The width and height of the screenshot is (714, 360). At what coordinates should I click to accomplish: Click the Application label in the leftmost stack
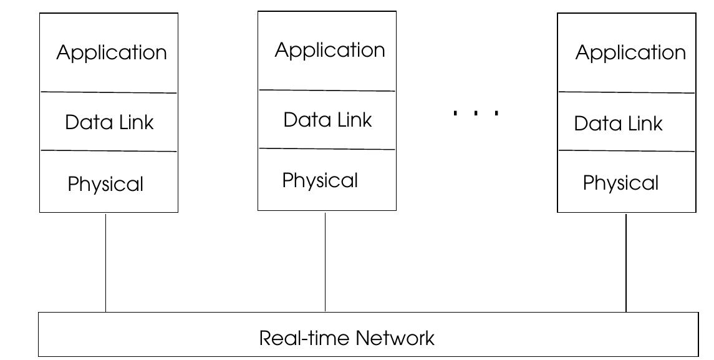pyautogui.click(x=112, y=52)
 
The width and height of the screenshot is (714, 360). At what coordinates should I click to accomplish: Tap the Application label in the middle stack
pyautogui.click(x=330, y=50)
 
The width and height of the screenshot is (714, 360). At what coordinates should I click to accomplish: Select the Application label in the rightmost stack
pyautogui.click(x=630, y=52)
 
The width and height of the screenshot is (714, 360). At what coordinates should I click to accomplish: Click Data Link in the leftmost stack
pyautogui.click(x=109, y=122)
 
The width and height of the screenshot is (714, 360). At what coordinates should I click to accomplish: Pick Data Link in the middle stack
pyautogui.click(x=327, y=119)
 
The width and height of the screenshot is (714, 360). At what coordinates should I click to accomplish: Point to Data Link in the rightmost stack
pyautogui.click(x=618, y=124)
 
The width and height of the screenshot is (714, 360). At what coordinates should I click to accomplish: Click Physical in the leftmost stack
pyautogui.click(x=105, y=184)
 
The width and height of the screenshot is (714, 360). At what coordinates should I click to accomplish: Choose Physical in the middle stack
pyautogui.click(x=320, y=180)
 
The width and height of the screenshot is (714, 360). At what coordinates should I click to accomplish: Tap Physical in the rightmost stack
pyautogui.click(x=620, y=183)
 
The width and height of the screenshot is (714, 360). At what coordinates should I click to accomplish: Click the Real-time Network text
pyautogui.click(x=347, y=338)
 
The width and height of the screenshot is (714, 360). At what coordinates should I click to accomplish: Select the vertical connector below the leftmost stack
pyautogui.click(x=105, y=262)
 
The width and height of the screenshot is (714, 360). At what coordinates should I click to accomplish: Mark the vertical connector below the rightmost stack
pyautogui.click(x=626, y=262)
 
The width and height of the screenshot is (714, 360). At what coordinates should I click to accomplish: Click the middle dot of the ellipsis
pyautogui.click(x=476, y=113)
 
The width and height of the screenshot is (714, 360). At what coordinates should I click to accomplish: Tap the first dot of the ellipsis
pyautogui.click(x=455, y=113)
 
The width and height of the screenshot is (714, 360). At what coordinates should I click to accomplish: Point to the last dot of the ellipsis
pyautogui.click(x=496, y=113)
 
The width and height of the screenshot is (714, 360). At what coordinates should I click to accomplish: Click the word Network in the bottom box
pyautogui.click(x=395, y=338)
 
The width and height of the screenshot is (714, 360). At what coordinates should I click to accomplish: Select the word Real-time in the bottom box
pyautogui.click(x=305, y=338)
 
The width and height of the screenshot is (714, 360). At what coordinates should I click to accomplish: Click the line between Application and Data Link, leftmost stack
pyautogui.click(x=109, y=92)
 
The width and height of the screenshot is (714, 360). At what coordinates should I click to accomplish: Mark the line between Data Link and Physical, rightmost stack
pyautogui.click(x=626, y=151)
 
